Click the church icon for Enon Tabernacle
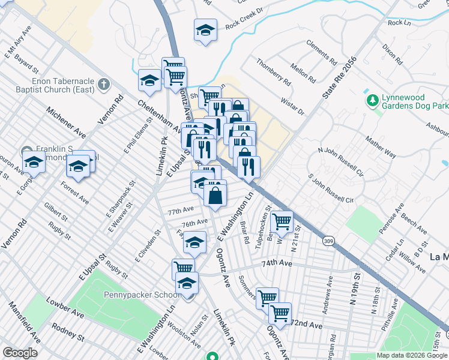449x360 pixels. pyautogui.click(x=103, y=85)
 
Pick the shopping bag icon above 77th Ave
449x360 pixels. pyautogui.click(x=215, y=195)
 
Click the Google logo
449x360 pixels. pyautogui.click(x=20, y=353)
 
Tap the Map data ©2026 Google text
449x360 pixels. pyautogui.click(x=412, y=355)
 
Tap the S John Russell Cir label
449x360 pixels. pyautogui.click(x=331, y=189)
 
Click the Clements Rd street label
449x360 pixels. pyautogui.click(x=321, y=52)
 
